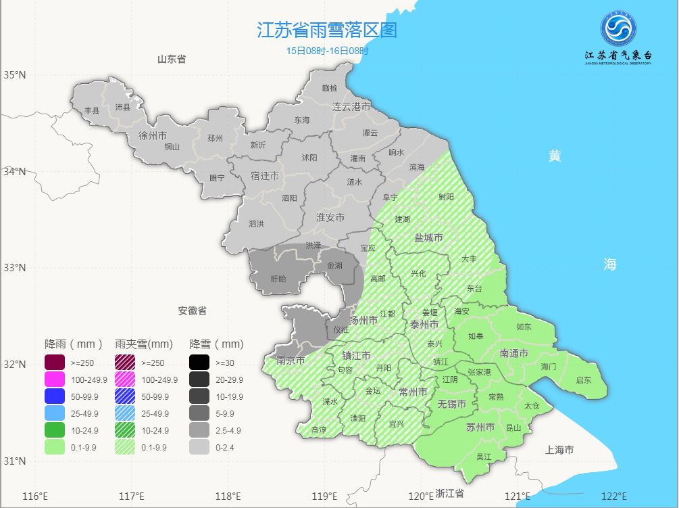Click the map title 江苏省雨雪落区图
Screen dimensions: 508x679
click(x=326, y=30)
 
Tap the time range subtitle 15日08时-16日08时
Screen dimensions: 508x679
click(x=327, y=51)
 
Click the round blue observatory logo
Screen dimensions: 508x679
click(x=618, y=30)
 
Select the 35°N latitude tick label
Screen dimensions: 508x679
click(x=15, y=74)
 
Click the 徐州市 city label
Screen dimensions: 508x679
click(x=152, y=135)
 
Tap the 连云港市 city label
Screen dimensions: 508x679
click(x=351, y=107)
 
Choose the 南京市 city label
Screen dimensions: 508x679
click(x=291, y=361)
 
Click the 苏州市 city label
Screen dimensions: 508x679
click(x=480, y=427)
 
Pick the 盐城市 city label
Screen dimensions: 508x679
click(x=428, y=238)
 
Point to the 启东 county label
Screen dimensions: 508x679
click(x=583, y=380)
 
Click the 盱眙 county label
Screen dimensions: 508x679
click(x=278, y=279)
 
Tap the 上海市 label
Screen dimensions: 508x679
click(x=559, y=450)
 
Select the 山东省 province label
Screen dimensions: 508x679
click(x=172, y=60)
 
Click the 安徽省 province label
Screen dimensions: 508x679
click(x=193, y=311)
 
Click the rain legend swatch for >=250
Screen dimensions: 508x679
click(x=55, y=363)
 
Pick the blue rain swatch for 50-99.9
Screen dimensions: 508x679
click(x=55, y=396)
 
